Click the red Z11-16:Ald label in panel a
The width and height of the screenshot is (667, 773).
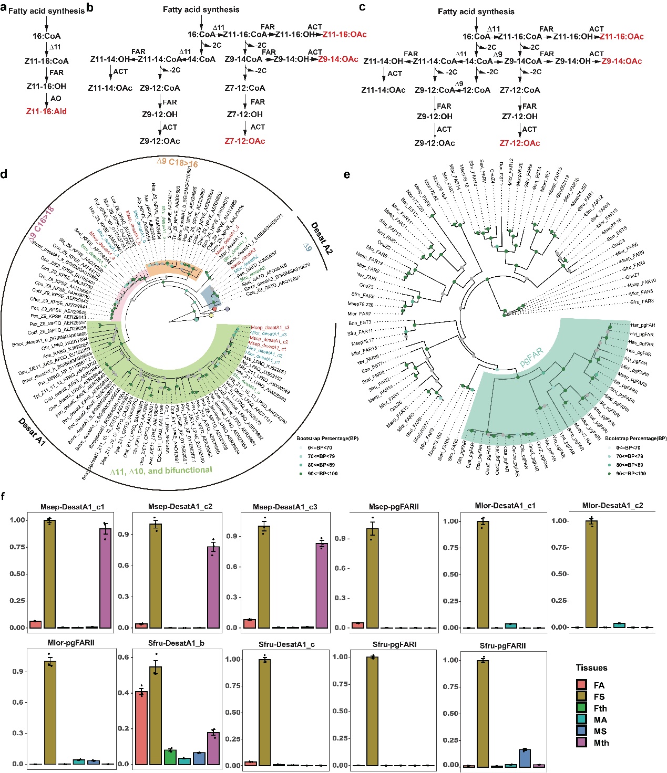(x=46, y=111)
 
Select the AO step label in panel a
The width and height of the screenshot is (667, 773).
(x=56, y=98)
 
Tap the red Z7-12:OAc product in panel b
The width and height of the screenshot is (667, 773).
(x=245, y=141)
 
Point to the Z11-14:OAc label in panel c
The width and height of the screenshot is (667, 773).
(x=383, y=90)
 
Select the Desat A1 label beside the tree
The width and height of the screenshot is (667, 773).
(x=32, y=432)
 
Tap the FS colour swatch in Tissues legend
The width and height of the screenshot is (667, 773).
(x=581, y=696)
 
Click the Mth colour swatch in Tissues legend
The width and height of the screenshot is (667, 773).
(x=581, y=743)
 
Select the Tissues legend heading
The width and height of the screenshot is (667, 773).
(x=591, y=668)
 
